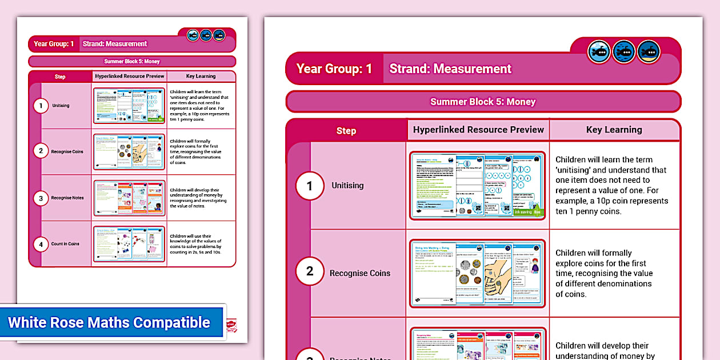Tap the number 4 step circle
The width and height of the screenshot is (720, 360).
click(x=41, y=244)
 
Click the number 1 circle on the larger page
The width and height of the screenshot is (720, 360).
click(x=310, y=186)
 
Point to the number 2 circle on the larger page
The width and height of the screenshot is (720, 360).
click(x=310, y=271)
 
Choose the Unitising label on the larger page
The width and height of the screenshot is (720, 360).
click(x=347, y=186)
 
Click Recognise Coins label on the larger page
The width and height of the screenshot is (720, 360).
click(x=360, y=273)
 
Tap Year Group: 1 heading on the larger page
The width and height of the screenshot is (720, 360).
click(x=334, y=69)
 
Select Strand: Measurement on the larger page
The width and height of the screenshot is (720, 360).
click(x=450, y=69)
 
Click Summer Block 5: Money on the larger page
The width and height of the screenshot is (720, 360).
click(x=483, y=102)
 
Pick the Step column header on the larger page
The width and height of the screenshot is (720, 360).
click(x=346, y=130)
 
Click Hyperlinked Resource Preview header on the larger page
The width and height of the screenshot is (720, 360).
click(x=478, y=130)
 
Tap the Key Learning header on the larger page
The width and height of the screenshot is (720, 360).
click(x=614, y=130)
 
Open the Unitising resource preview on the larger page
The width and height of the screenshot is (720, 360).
click(x=477, y=186)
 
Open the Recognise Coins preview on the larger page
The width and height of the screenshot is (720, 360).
click(x=477, y=273)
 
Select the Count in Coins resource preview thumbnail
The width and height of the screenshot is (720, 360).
click(x=129, y=244)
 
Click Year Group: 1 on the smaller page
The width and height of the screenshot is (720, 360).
click(x=54, y=44)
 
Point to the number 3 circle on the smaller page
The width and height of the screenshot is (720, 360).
click(x=41, y=198)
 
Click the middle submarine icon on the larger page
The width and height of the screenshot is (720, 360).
click(x=624, y=53)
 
